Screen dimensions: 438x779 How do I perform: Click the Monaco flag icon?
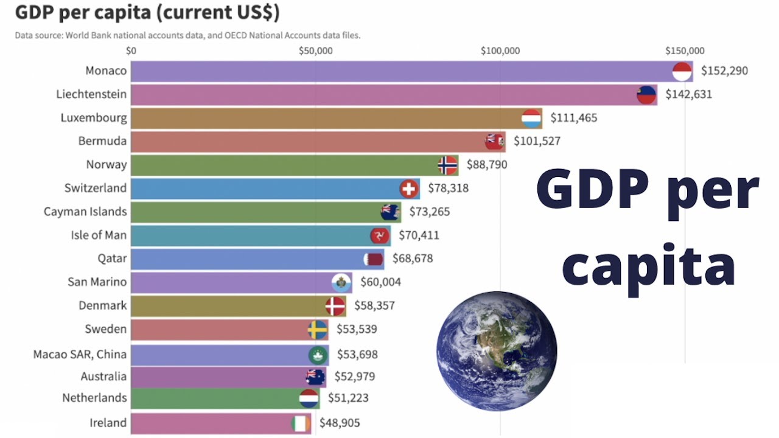pos(682,71)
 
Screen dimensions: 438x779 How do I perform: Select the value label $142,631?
pos(688,94)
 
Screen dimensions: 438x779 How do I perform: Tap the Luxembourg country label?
pos(94,117)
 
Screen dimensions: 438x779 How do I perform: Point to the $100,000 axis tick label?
pos(500,50)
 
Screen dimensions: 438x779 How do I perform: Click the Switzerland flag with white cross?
pos(410,189)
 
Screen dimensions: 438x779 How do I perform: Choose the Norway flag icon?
pos(447,165)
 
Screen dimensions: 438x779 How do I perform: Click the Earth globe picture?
pos(497,352)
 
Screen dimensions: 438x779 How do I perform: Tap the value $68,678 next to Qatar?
pos(413,259)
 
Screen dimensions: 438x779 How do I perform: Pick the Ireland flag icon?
pos(301,423)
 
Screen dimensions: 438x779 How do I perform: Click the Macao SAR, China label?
pos(80,354)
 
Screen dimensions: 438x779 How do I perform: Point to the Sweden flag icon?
pos(317,330)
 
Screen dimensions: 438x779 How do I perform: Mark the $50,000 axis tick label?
pos(315,50)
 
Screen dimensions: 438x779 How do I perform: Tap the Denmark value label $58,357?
pos(374,305)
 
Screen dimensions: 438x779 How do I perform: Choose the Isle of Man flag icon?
pos(380,235)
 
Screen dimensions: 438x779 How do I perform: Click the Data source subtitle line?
pos(187,35)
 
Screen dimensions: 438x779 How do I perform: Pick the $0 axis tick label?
pos(131,50)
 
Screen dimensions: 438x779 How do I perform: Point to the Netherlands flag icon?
pos(309,399)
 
